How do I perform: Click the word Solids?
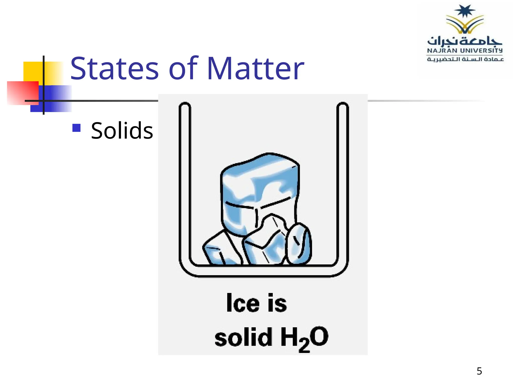tap(122, 131)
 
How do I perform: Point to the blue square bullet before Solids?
tap(76, 128)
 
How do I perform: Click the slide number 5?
tap(479, 371)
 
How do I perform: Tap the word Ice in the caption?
tap(242, 303)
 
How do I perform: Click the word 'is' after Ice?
tap(277, 303)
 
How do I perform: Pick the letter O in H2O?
tap(319, 336)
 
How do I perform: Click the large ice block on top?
tap(259, 185)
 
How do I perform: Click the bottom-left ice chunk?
tap(220, 251)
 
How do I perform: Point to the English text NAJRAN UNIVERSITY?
tap(465, 51)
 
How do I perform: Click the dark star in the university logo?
tap(465, 11)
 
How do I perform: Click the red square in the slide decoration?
tap(21, 93)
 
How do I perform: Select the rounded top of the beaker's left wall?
tap(185, 105)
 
